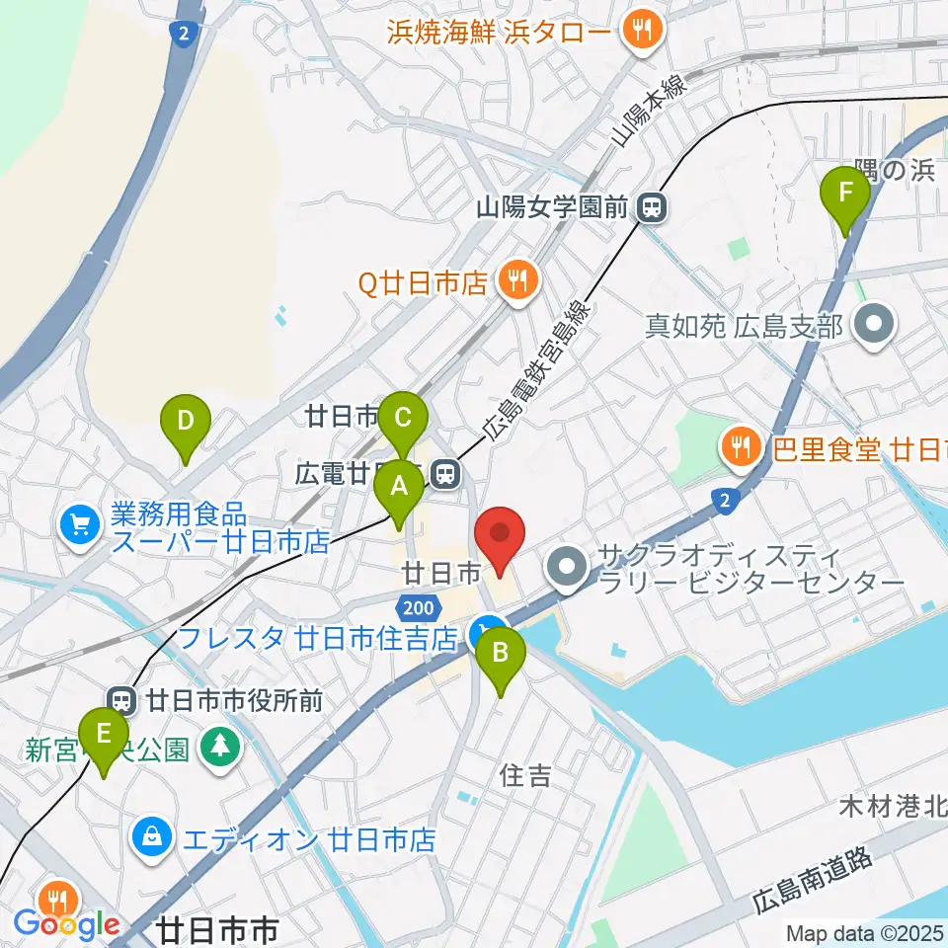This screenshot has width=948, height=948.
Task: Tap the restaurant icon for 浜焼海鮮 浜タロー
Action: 642,30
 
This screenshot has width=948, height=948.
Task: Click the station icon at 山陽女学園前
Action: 651,207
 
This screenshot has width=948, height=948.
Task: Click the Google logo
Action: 67,924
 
